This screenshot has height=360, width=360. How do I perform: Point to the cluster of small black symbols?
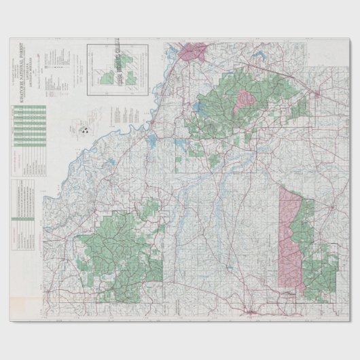[86, 128]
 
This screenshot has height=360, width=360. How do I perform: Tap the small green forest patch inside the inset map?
[107, 78]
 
